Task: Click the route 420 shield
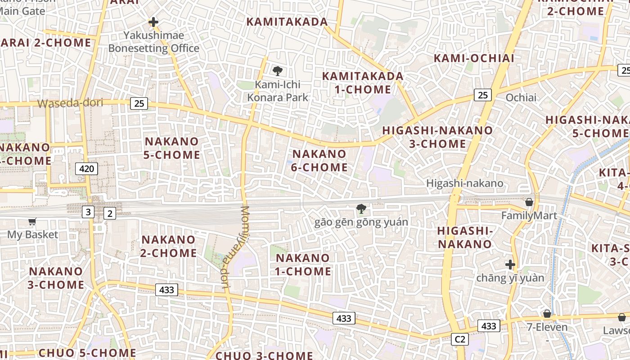click(86, 169)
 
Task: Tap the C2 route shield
click(460, 339)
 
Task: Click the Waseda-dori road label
click(70, 103)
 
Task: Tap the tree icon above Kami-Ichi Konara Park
click(278, 71)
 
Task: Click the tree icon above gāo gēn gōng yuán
click(360, 208)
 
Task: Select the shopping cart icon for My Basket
click(32, 221)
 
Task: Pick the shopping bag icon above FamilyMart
click(529, 202)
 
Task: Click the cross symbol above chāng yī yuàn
click(510, 264)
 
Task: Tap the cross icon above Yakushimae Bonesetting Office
click(153, 22)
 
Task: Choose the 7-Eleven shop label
click(547, 327)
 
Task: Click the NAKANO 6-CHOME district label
click(319, 161)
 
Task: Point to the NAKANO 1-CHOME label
click(303, 265)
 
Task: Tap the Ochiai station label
click(521, 98)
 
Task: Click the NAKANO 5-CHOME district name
click(172, 148)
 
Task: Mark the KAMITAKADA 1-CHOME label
click(363, 82)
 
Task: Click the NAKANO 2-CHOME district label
click(168, 246)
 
